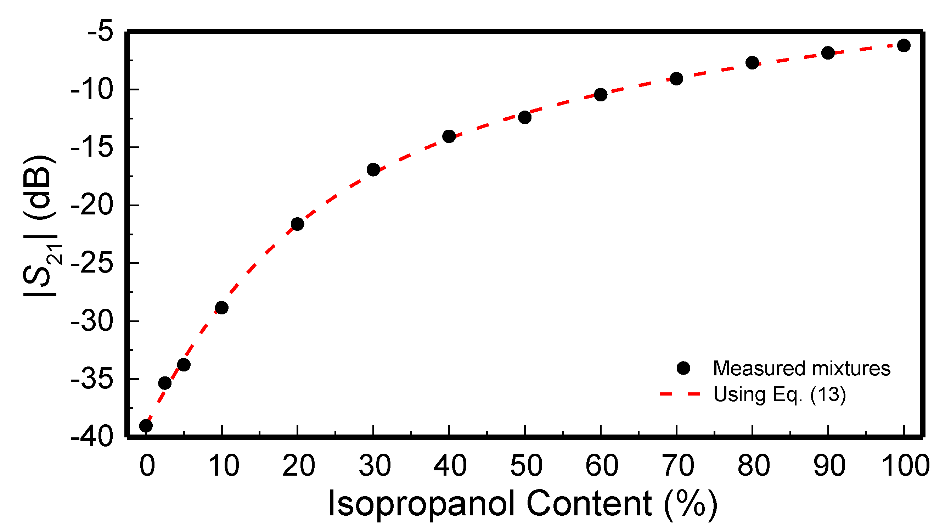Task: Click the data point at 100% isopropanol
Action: (904, 45)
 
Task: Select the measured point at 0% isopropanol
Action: (146, 426)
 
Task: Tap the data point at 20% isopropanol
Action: (297, 224)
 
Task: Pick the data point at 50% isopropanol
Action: (525, 117)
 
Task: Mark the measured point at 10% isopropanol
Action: (221, 308)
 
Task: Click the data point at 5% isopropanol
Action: (184, 365)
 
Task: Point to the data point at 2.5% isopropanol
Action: (165, 383)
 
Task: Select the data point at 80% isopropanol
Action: (752, 63)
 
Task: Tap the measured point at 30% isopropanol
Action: (373, 170)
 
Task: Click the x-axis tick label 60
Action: (602, 466)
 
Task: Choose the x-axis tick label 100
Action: (905, 466)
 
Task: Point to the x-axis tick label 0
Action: (147, 466)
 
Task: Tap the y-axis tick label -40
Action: (91, 437)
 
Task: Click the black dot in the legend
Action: (683, 368)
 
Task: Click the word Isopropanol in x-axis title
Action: (421, 504)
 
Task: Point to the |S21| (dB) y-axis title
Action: (41, 225)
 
